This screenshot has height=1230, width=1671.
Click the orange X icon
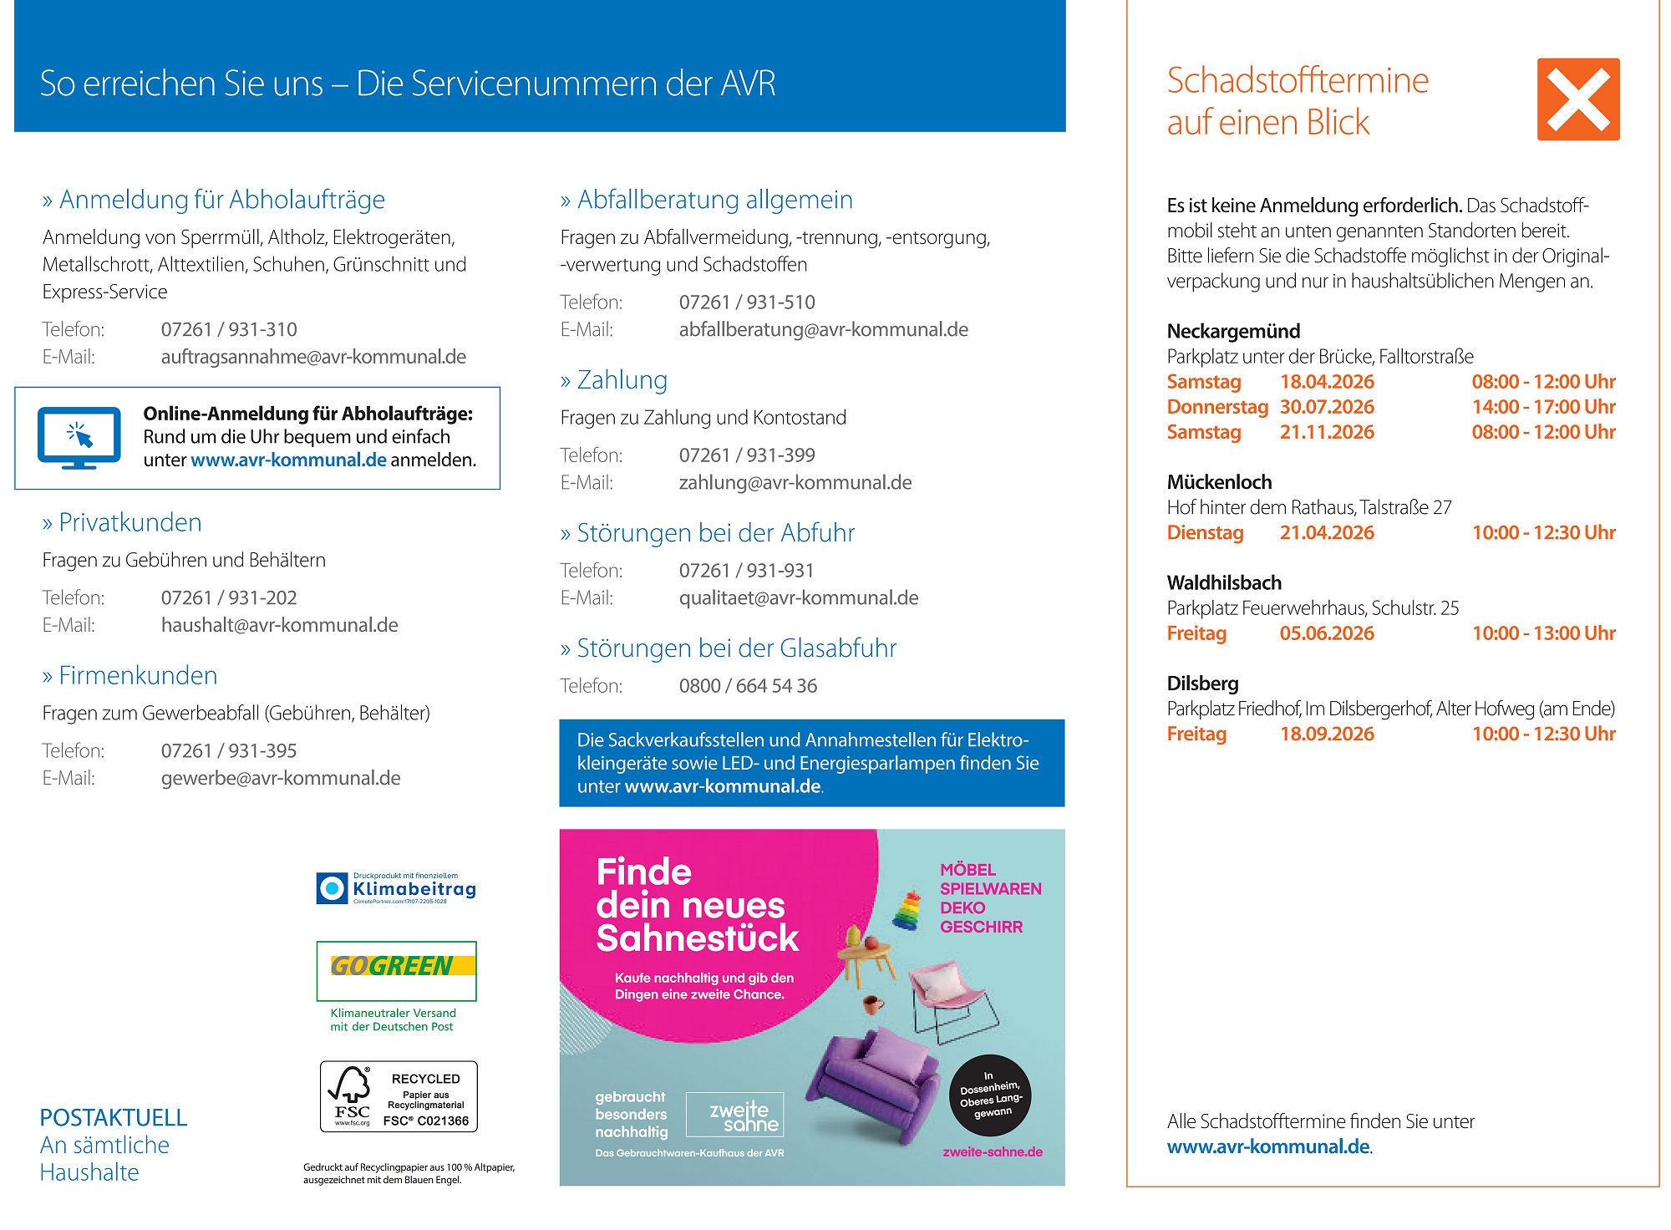1577,99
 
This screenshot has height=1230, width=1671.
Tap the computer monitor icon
79,437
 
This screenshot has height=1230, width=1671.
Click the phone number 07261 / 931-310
229,330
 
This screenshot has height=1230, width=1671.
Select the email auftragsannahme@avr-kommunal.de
313,358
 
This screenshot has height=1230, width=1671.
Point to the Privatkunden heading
130,523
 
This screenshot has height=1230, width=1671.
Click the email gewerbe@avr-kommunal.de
281,779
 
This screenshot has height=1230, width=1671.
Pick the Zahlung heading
622,381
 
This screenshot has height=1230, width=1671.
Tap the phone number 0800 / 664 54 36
748,686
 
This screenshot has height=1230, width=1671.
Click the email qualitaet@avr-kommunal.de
798,598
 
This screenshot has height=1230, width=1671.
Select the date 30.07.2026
1327,408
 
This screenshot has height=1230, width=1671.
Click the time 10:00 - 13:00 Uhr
1543,633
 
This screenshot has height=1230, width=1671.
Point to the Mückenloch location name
1219,483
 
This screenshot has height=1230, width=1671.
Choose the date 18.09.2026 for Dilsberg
1327,734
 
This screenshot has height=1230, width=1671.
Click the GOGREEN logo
396,969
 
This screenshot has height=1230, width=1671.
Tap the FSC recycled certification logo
399,1097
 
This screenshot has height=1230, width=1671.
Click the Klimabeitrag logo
397,888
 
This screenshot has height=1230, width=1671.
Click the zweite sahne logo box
734,1115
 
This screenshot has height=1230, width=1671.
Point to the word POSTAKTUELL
114,1118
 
